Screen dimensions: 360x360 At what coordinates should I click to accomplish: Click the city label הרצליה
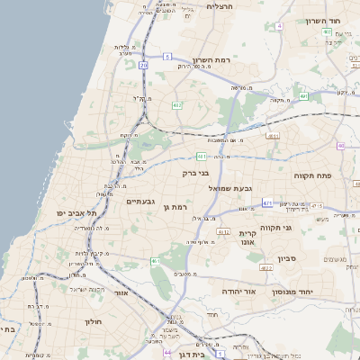point(220,6)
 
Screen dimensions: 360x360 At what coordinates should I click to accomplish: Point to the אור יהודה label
point(238,292)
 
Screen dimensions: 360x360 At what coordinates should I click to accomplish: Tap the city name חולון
point(96,321)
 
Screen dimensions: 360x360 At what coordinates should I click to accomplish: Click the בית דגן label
point(188,355)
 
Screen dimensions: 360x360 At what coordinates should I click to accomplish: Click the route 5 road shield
point(167,57)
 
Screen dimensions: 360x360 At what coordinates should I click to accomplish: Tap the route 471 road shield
point(267,204)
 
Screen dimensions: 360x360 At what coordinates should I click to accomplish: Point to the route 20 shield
point(145,65)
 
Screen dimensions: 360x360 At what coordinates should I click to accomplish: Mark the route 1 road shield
point(220,355)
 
